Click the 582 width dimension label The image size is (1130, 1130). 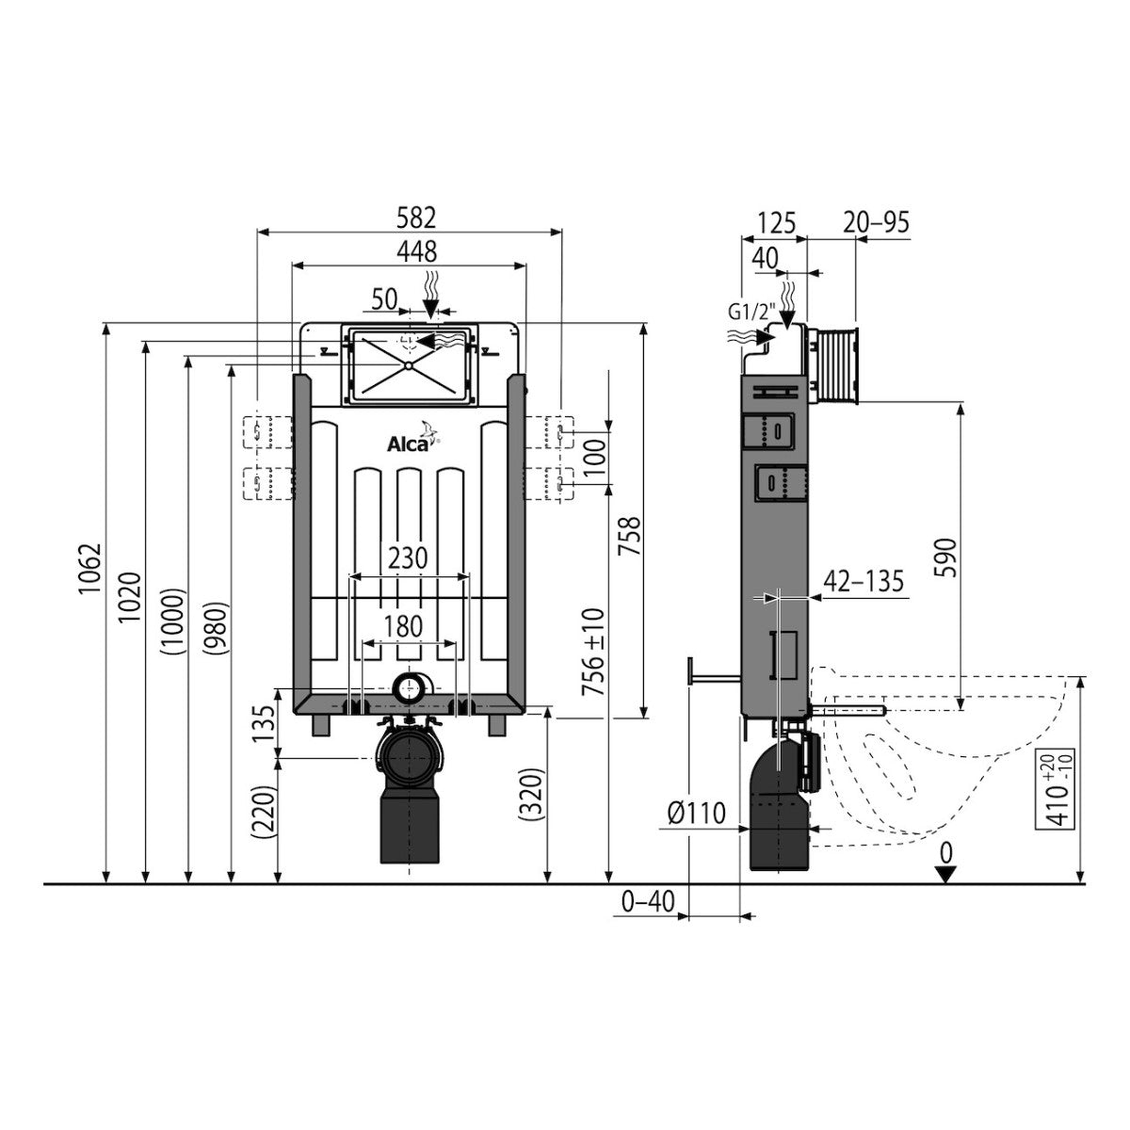click(x=417, y=218)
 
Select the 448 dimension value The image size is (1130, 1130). click(x=417, y=251)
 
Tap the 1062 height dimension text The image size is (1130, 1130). click(x=92, y=569)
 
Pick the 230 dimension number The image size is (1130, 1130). click(x=408, y=558)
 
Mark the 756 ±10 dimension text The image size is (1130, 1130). click(x=593, y=652)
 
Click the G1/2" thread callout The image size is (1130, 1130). click(x=752, y=312)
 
